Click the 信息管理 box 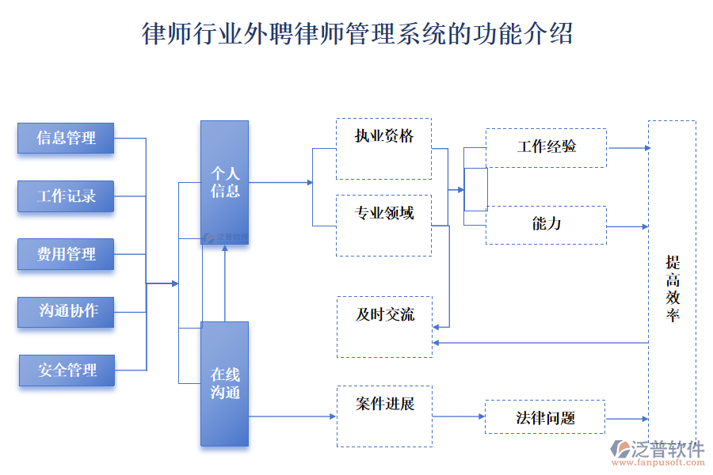[66, 139]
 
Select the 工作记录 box [66, 196]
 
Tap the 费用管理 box [66, 254]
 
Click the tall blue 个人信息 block [224, 182]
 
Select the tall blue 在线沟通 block [224, 384]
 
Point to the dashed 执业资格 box [383, 149]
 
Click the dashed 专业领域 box [383, 226]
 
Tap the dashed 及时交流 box [384, 326]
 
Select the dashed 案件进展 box [384, 416]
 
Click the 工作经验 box [546, 148]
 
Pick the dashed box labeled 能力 [546, 225]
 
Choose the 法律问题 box [545, 417]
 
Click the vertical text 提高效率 [673, 289]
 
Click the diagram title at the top [356, 34]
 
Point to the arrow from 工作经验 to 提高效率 [628, 148]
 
